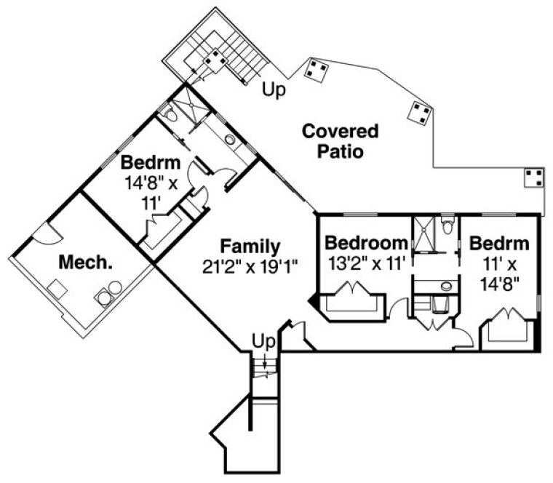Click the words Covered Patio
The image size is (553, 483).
(340, 142)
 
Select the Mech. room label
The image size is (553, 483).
(85, 262)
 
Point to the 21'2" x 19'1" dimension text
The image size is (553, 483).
(250, 266)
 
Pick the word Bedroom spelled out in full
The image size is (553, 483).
(365, 243)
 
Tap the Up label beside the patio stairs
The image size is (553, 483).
(274, 89)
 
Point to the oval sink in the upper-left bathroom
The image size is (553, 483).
(230, 140)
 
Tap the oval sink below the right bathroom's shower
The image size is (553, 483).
(445, 285)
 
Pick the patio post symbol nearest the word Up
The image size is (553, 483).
(316, 70)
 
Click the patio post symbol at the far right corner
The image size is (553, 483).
(533, 177)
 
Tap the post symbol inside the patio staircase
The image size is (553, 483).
(214, 60)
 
